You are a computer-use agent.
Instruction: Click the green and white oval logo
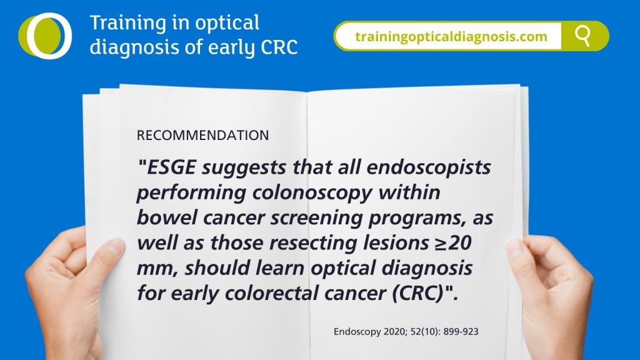point(45,36)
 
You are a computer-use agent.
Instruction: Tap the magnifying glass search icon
point(583,36)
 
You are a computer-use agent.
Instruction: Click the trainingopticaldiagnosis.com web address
point(451,36)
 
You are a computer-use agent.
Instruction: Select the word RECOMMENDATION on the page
point(203,135)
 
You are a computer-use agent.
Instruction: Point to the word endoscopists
point(429,167)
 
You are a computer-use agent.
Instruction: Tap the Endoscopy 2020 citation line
point(406,331)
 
